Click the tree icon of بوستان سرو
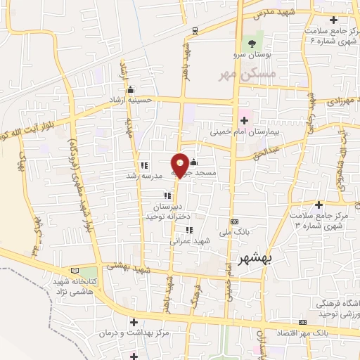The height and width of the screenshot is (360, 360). pyautogui.click(x=252, y=44)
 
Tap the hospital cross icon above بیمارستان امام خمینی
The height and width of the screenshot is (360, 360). pyautogui.click(x=244, y=121)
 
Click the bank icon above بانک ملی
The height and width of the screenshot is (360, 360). pyautogui.click(x=234, y=221)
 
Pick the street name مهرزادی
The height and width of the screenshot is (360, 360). pyautogui.click(x=338, y=103)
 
